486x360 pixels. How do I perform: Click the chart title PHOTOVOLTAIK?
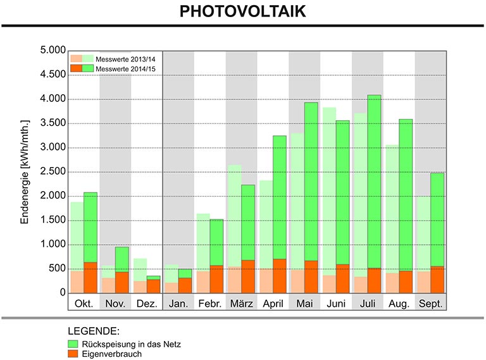coord(243,11)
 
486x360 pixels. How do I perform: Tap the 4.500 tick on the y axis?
coord(53,75)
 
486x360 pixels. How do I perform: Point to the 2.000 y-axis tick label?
coord(53,196)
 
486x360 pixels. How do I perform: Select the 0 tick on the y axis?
coord(63,292)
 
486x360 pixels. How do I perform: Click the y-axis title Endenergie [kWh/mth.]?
coord(25,172)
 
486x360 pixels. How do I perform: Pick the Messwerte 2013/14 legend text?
coord(125,59)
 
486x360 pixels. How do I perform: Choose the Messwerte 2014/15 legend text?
coord(125,69)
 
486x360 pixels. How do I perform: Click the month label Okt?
coord(84,304)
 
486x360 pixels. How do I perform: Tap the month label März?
coord(242,304)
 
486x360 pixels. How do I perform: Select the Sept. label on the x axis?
coord(430,304)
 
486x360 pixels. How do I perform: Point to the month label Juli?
coord(367,304)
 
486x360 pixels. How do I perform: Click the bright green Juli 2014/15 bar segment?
coord(374,182)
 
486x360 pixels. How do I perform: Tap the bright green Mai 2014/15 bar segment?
coord(311,182)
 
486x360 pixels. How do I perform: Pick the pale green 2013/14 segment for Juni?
coord(329,192)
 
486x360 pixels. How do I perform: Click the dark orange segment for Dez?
coord(153,286)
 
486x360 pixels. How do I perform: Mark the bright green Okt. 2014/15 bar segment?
coord(90,227)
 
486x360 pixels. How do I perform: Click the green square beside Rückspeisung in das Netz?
coord(73,344)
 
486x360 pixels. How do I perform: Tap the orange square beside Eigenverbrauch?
coord(73,354)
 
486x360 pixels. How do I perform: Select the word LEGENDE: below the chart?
coord(94,331)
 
